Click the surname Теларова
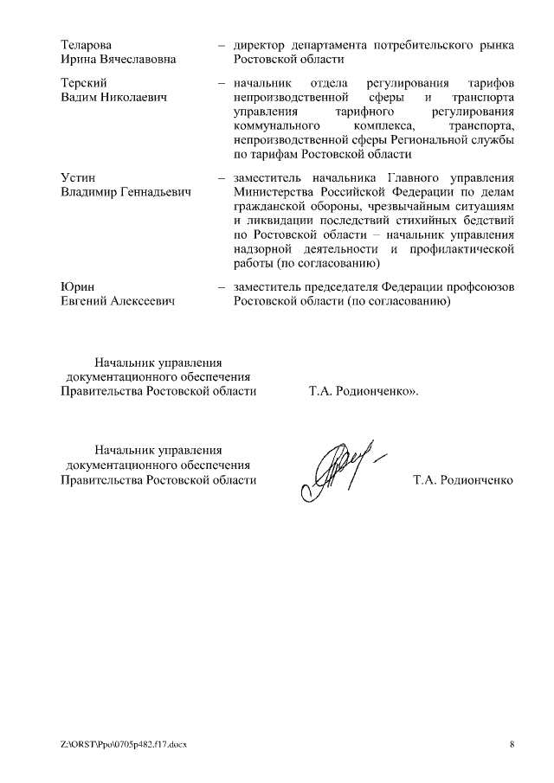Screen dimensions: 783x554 pyautogui.click(x=87, y=44)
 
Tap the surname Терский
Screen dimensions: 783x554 pyautogui.click(x=84, y=82)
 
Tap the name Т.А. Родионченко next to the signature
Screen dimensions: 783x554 pyautogui.click(x=464, y=479)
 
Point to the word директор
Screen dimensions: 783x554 pyautogui.click(x=262, y=44)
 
